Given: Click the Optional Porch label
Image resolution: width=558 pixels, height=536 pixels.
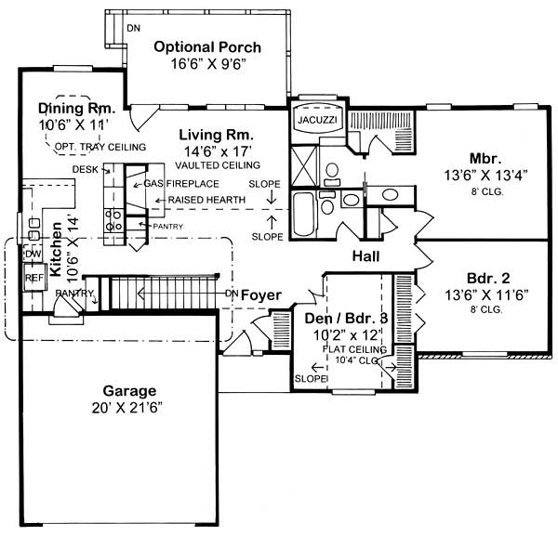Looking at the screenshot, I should (x=206, y=46).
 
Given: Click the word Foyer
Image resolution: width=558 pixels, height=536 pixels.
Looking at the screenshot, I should (x=260, y=294).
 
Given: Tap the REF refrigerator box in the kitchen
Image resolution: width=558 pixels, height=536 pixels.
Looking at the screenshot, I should (x=34, y=277).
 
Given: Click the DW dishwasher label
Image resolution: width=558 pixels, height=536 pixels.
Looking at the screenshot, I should (x=33, y=254).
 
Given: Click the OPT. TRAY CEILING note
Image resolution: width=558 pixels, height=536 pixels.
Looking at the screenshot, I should (x=100, y=147).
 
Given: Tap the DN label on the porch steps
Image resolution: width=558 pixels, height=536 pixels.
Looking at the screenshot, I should (x=134, y=28).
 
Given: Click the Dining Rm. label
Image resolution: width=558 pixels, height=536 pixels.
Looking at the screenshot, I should (x=74, y=108).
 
